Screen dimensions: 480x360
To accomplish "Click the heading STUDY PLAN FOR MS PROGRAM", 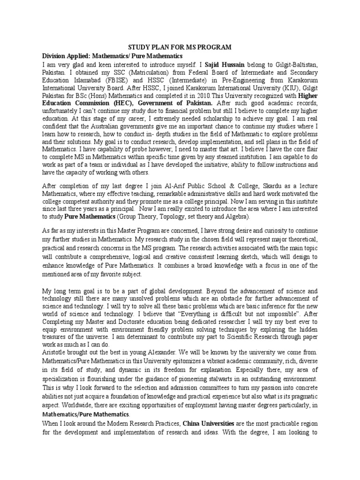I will (x=180, y=47).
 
